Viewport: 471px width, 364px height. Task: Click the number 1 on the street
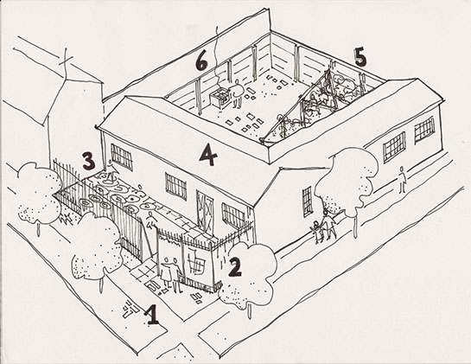tap(152, 315)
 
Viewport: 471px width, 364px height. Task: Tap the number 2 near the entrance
tap(235, 267)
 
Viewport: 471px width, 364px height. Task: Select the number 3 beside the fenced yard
tap(89, 162)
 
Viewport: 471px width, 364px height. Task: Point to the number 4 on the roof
tap(208, 155)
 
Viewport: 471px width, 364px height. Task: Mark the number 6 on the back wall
tap(201, 62)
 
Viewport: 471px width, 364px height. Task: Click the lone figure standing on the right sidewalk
tap(402, 180)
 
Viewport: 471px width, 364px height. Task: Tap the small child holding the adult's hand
tap(317, 231)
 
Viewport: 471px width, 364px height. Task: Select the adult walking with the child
tap(329, 225)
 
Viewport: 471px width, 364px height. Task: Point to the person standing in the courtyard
tap(238, 93)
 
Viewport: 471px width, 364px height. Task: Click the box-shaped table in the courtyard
tap(219, 98)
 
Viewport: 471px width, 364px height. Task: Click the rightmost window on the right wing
tap(424, 130)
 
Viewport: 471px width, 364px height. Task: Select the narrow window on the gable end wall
tap(308, 201)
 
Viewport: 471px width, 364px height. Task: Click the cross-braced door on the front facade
tap(205, 211)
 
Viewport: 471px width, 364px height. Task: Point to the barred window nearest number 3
tap(122, 157)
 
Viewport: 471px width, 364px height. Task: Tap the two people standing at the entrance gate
tap(171, 274)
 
